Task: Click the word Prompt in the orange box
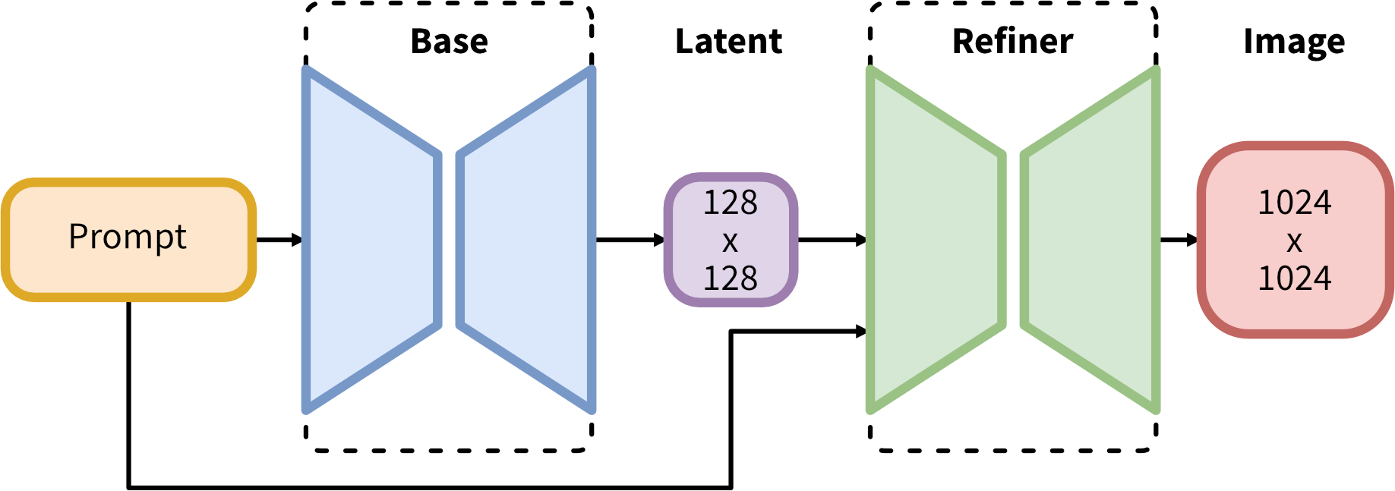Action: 128,237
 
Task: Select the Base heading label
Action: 449,41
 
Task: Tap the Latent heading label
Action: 728,41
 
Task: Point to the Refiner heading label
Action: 1012,41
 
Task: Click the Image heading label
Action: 1294,42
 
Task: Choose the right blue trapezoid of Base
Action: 525,240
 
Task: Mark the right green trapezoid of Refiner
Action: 1090,240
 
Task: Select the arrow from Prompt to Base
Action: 279,240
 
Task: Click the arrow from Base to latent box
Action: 630,240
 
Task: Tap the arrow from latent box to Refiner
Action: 832,240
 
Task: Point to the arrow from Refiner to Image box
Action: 1179,240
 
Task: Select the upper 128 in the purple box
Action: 731,203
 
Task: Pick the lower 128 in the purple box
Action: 731,279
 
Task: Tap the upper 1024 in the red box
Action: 1295,203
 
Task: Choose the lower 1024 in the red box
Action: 1295,279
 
